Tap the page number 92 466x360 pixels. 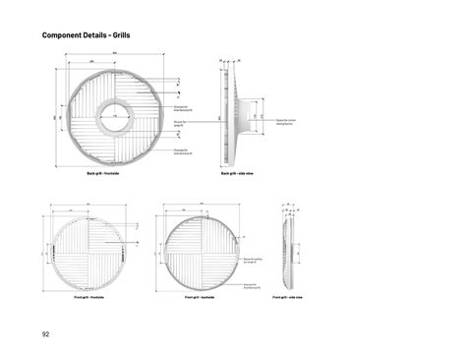pyautogui.click(x=46, y=333)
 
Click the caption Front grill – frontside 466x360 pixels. pyautogui.click(x=89, y=295)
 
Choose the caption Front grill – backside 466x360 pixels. pyautogui.click(x=200, y=295)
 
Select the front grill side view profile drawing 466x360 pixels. pyautogui.click(x=289, y=251)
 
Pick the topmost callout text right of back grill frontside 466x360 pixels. pyautogui.click(x=181, y=107)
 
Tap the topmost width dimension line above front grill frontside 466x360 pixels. pyautogui.click(x=89, y=207)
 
